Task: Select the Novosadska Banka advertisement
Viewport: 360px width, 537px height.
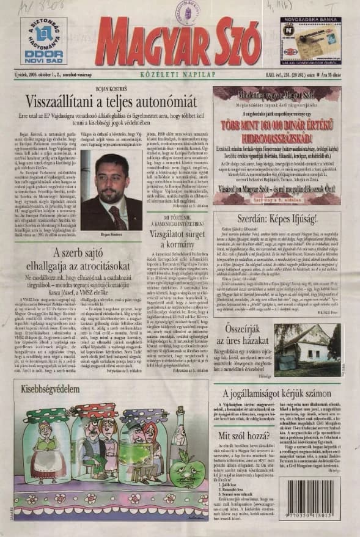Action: click(x=310, y=40)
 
